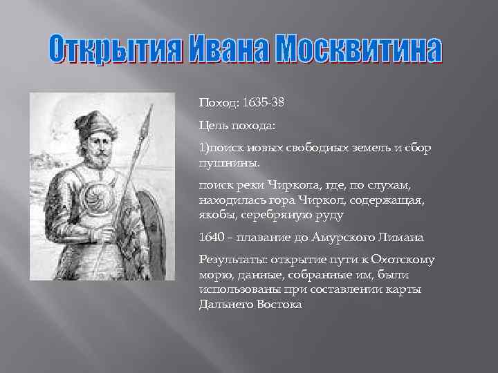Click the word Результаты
point(232,260)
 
